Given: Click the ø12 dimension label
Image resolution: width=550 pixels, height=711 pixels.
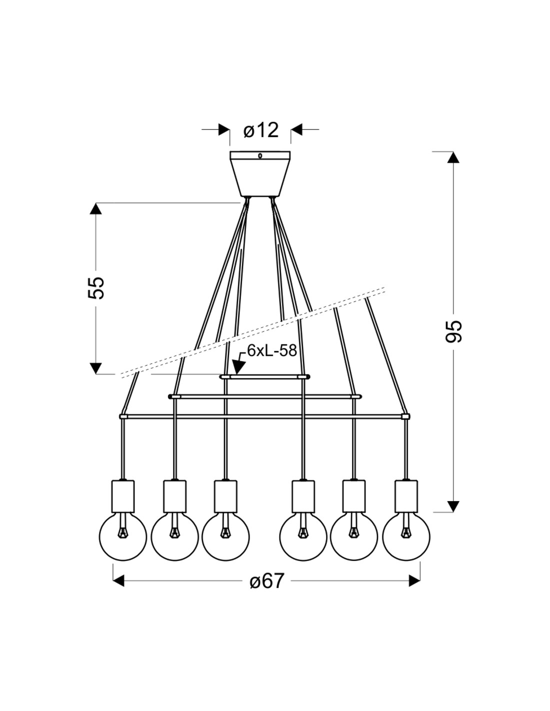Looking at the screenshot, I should point(260,130).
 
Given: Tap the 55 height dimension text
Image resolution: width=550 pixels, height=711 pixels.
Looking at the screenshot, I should point(96,287).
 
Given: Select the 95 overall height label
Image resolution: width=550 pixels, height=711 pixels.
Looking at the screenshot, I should point(453,331).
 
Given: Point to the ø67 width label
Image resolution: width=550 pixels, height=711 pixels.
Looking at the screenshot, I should point(266,581).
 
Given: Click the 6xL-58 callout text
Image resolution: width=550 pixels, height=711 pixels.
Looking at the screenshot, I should point(272,350).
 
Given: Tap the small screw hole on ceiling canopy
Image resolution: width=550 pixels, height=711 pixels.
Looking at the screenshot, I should point(260,156).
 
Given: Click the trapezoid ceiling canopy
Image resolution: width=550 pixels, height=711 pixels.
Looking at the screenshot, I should point(260,175).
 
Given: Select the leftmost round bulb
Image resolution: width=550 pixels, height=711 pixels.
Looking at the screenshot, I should point(122,537).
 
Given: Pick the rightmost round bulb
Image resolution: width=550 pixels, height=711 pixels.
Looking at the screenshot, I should point(406,537).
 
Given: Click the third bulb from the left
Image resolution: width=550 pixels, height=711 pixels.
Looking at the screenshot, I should point(225,537).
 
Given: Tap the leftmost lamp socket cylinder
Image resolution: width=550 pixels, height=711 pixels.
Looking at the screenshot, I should point(123,495).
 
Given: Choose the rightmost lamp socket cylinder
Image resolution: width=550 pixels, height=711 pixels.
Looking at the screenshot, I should point(405,495).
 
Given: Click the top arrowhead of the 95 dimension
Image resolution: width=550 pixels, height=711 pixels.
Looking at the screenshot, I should point(453,157).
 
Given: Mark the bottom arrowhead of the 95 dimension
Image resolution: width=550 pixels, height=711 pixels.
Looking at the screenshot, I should point(453,505).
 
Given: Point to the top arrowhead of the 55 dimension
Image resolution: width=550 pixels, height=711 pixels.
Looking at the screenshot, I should point(95,209).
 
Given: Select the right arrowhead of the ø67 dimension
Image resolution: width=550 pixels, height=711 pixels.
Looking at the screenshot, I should point(414,581).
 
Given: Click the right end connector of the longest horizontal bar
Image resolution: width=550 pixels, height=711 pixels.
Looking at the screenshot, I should point(405,416).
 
